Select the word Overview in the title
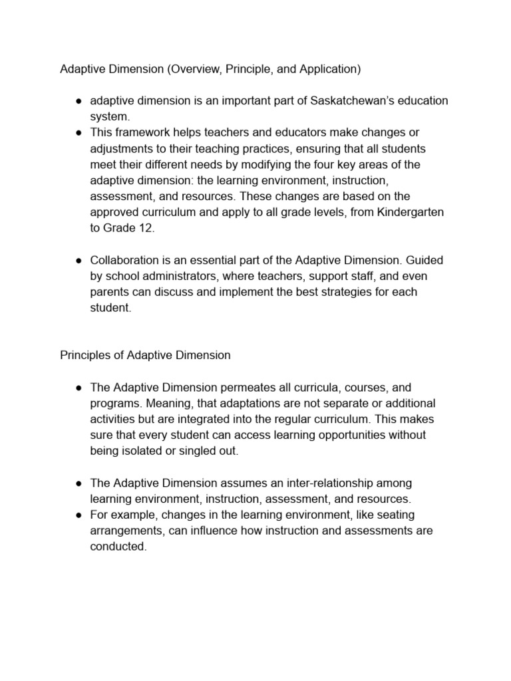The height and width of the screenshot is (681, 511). point(212,68)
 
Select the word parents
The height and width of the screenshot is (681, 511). point(109,291)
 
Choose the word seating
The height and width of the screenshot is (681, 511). point(405,514)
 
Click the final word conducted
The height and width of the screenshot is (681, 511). point(118,546)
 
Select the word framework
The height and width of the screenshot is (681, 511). point(140,132)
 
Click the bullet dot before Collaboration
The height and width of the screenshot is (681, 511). point(78,259)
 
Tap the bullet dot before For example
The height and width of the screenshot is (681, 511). point(78,514)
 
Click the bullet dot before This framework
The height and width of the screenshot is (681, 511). point(78,132)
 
